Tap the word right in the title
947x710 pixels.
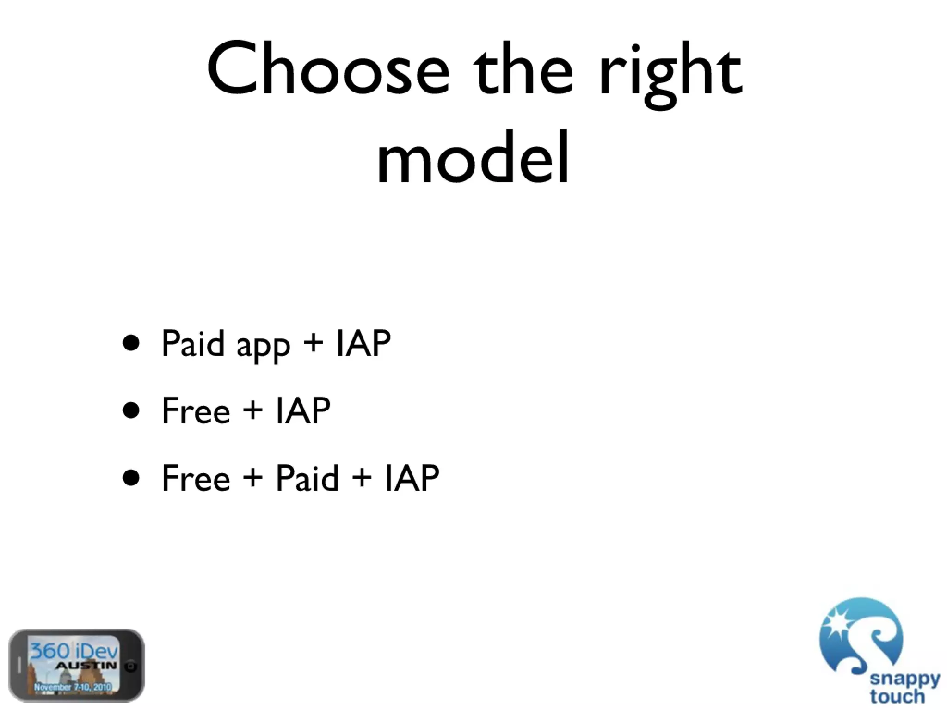coord(670,74)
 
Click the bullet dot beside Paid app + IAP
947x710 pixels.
coord(131,343)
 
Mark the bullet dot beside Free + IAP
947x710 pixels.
coord(131,410)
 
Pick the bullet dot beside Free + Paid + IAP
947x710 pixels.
coord(131,478)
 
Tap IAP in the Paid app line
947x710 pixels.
coord(363,343)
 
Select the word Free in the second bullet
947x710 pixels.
coord(196,410)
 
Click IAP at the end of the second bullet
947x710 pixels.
coord(303,410)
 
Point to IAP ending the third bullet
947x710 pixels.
coord(412,478)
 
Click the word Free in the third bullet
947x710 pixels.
coord(196,478)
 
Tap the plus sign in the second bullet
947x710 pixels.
coord(252,410)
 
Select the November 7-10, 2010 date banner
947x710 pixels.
coord(73,687)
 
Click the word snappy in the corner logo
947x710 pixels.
coord(904,679)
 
